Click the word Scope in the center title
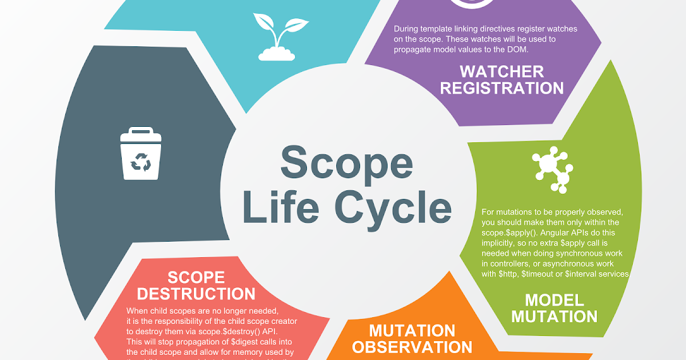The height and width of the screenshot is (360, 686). [x=346, y=162]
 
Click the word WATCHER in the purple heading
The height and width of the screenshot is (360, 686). [x=502, y=72]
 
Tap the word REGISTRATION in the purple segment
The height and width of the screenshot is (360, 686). [x=502, y=89]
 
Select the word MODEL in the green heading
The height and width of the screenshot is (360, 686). [x=555, y=300]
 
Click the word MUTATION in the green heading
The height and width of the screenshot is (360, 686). [x=555, y=316]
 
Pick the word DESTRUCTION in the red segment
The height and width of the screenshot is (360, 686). [x=196, y=294]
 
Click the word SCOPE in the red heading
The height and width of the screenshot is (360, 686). [x=196, y=278]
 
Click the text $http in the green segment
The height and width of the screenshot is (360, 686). [x=506, y=274]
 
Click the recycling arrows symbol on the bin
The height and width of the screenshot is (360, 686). [x=141, y=165]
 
